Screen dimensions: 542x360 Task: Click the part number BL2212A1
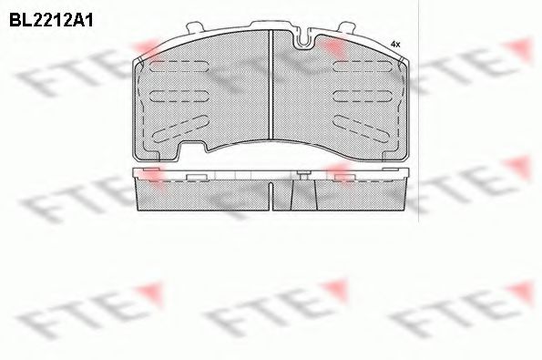click(x=51, y=21)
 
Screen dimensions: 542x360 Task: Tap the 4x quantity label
click(x=395, y=45)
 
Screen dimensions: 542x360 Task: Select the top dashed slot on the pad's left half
click(x=179, y=66)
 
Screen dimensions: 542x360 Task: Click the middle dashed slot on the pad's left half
click(x=179, y=96)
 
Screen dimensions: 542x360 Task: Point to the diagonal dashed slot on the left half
click(x=180, y=129)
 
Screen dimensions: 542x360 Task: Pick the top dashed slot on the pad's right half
click(x=363, y=66)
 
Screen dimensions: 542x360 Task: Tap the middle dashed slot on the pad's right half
click(x=363, y=96)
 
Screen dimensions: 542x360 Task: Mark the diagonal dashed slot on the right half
click(x=362, y=129)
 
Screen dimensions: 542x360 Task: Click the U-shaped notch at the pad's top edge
click(x=305, y=38)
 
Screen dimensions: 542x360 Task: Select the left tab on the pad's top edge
click(x=195, y=27)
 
